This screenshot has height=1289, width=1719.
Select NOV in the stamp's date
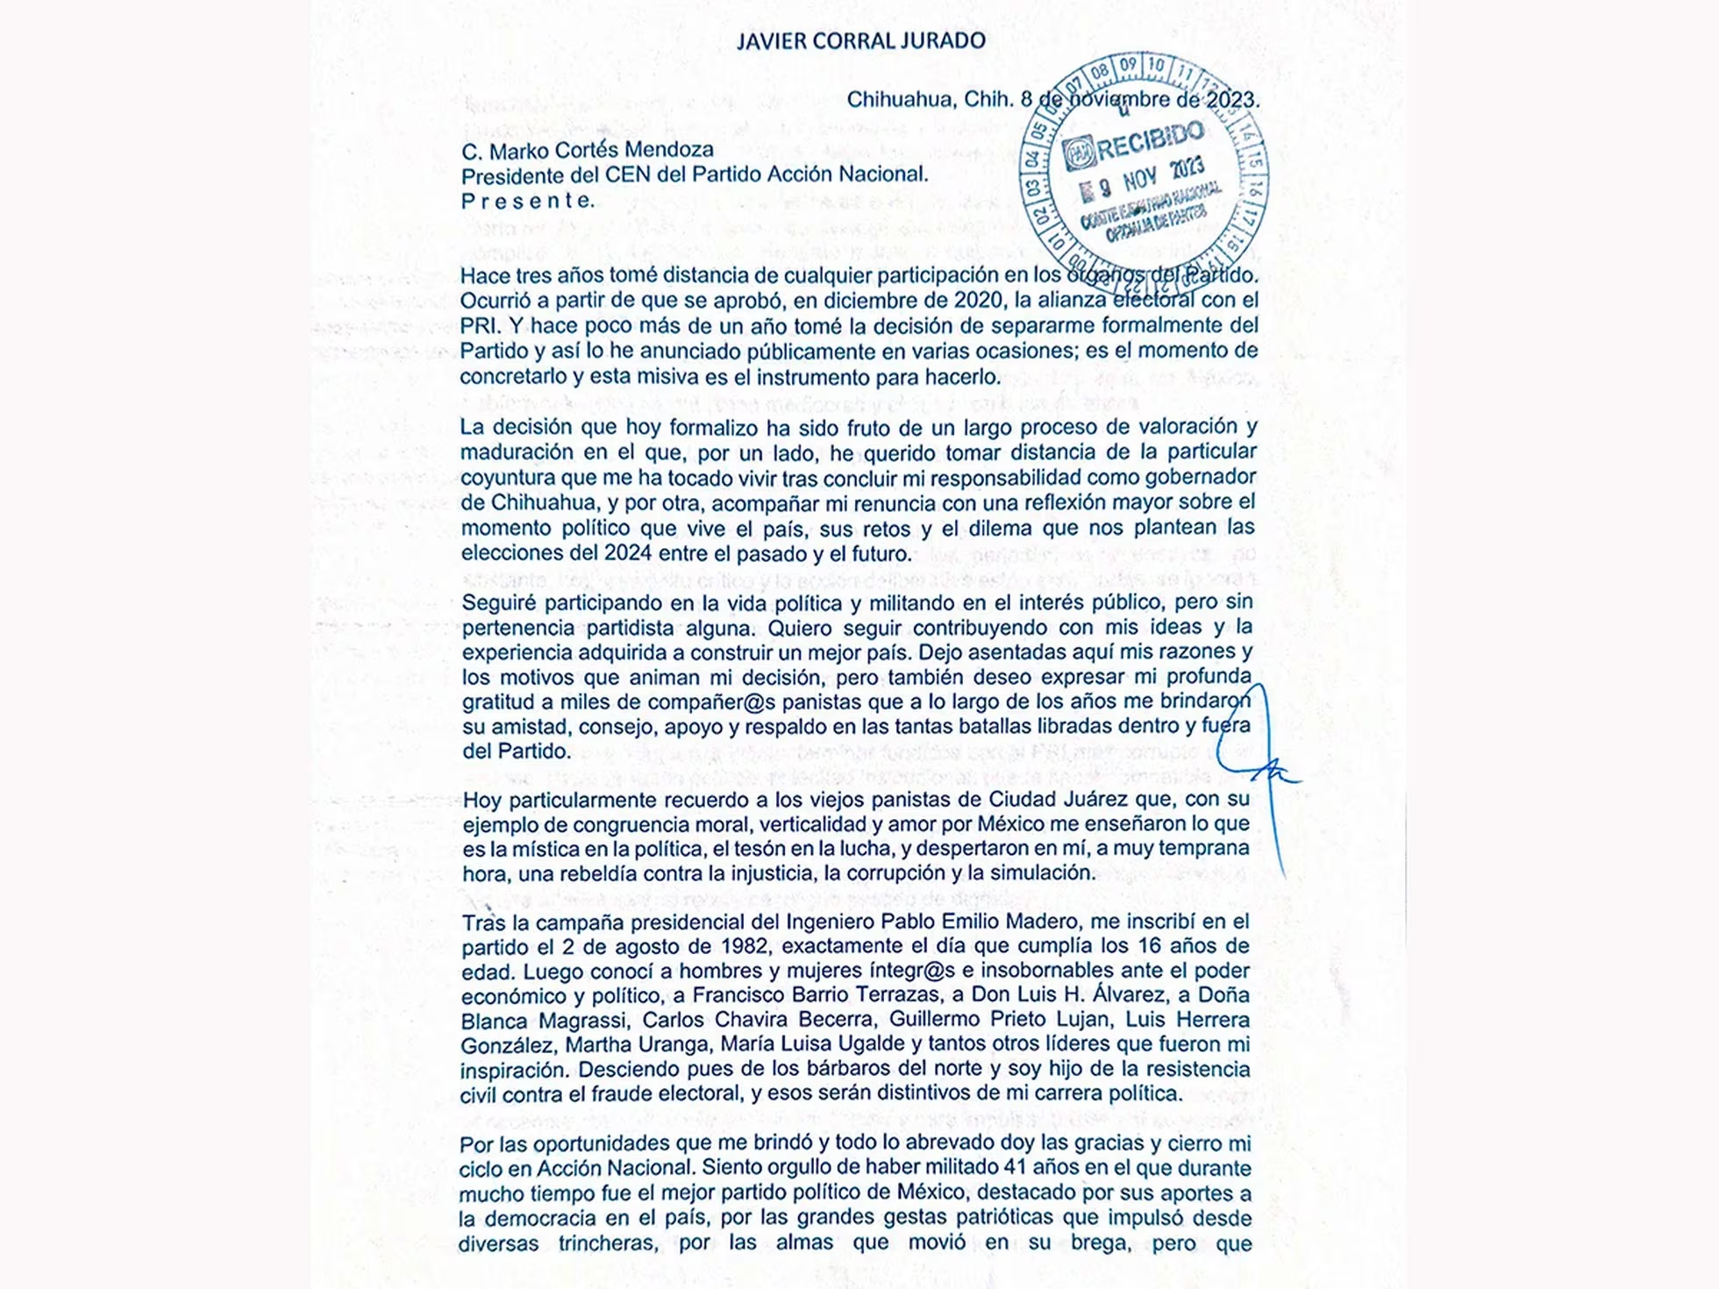tap(1139, 179)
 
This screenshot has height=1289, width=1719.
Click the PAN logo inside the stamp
tap(1078, 154)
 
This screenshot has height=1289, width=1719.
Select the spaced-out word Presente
tap(527, 201)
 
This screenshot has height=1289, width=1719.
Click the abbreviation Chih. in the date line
tap(988, 100)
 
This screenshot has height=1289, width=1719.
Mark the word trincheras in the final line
tap(609, 1243)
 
